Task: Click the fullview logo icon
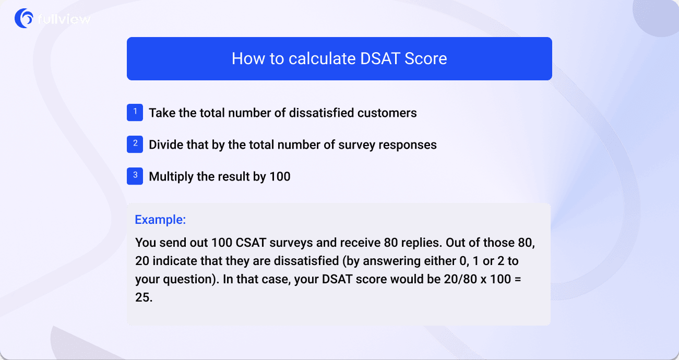24,18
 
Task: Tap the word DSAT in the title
380,58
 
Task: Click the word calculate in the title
304,58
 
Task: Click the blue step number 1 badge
135,112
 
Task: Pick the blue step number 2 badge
135,145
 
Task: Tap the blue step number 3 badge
135,176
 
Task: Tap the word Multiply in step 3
171,177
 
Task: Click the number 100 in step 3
280,177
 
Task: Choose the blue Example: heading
160,220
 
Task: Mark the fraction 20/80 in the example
457,279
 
